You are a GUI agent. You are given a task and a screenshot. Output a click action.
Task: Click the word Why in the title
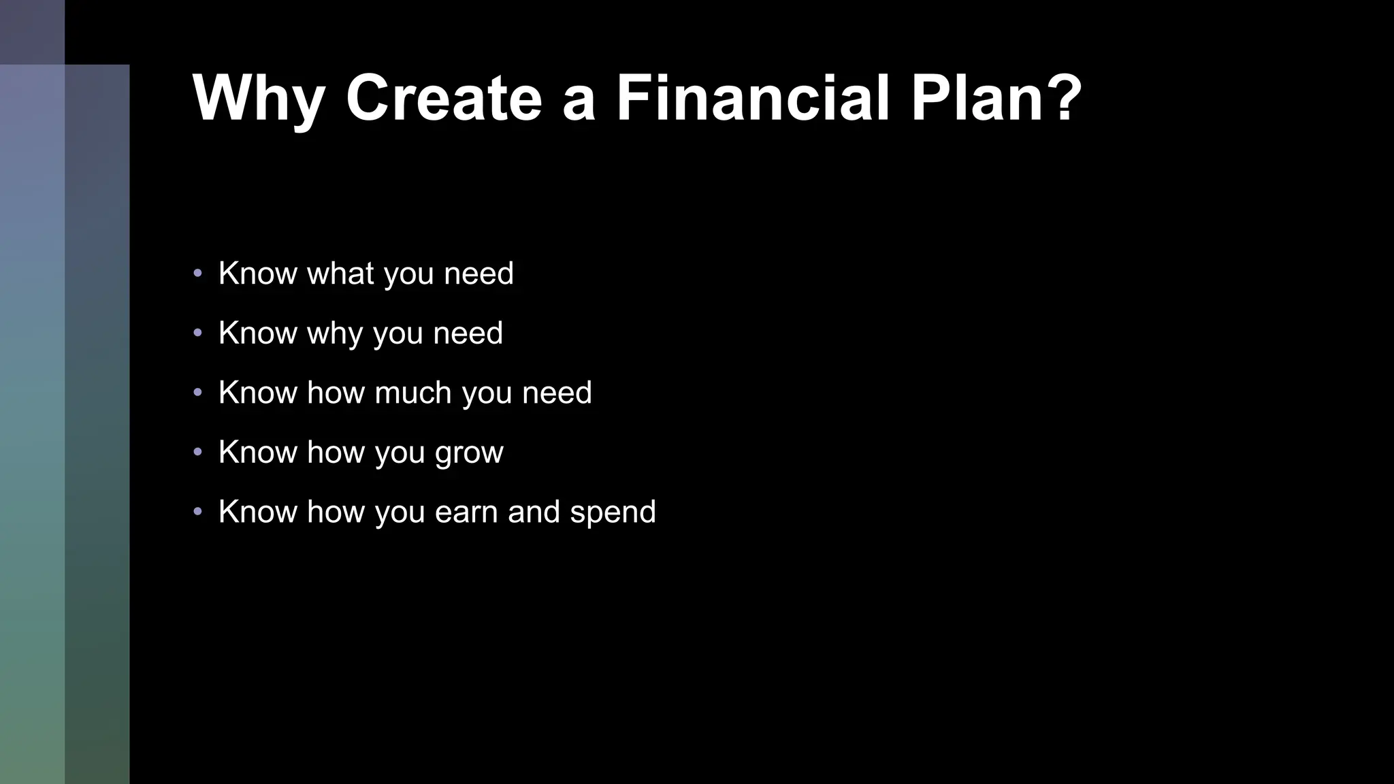point(259,99)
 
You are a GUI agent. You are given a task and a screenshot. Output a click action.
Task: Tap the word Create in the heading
point(444,98)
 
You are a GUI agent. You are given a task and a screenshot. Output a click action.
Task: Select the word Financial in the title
point(753,98)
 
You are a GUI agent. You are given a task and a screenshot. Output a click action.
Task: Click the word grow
point(469,453)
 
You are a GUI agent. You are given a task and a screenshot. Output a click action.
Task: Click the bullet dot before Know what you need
point(197,274)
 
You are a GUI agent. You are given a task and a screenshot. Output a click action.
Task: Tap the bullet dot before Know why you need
point(197,333)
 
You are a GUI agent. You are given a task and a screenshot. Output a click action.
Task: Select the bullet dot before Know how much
point(197,393)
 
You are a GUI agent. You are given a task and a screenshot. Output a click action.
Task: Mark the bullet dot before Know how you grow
point(197,452)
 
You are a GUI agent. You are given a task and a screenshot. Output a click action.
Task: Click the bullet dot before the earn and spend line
point(197,511)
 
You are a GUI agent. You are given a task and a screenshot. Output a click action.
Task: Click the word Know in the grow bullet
point(258,452)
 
